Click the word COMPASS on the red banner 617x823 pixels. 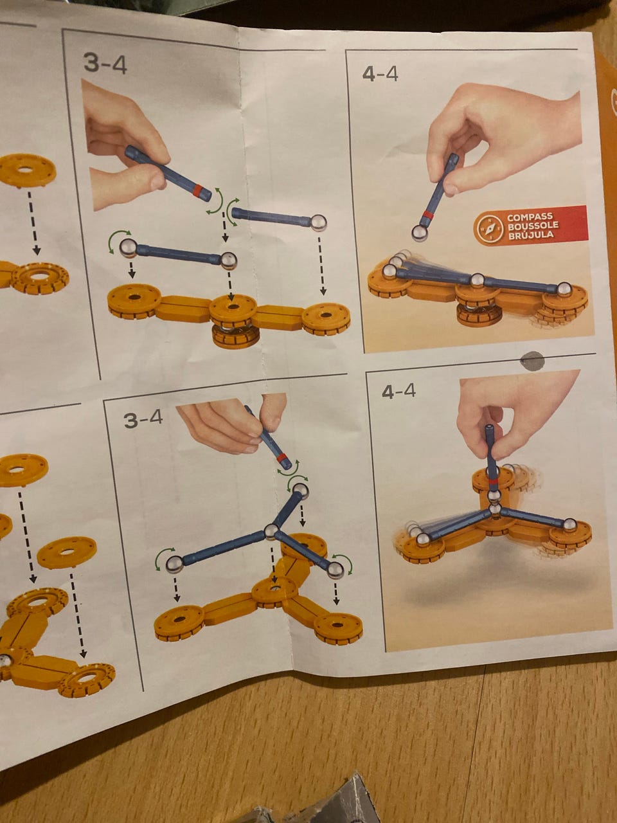click(525, 217)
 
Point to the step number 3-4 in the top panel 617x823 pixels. click(105, 64)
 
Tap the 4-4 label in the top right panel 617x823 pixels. click(380, 74)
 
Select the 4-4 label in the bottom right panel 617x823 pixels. click(398, 392)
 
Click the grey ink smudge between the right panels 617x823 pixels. click(532, 361)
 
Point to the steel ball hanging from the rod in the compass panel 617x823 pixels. click(420, 233)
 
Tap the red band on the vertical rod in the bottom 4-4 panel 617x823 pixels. click(494, 483)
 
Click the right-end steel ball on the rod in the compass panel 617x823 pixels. click(564, 289)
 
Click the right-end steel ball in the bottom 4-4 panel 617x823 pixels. click(569, 525)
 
